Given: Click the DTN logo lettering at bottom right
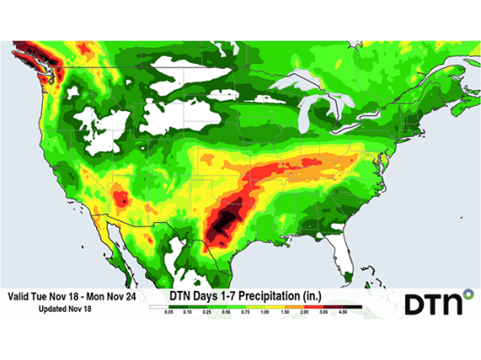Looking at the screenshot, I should coord(432,303).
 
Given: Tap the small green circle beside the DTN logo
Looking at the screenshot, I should coord(468,294).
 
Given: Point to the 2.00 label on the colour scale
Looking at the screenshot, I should coord(305,311).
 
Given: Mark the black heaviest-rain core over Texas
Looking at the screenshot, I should coord(227,218).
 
